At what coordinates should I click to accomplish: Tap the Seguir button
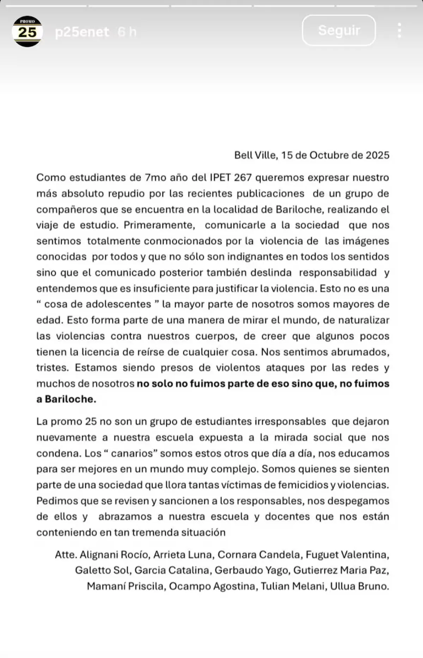tap(339, 30)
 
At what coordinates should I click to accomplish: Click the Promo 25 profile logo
tap(27, 31)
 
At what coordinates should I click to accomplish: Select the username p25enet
tap(82, 32)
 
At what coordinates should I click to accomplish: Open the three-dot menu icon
tap(399, 31)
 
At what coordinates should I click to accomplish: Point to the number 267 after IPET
tap(243, 177)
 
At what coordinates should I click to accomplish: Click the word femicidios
tap(303, 485)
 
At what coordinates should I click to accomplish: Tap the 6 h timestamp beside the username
tap(127, 32)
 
